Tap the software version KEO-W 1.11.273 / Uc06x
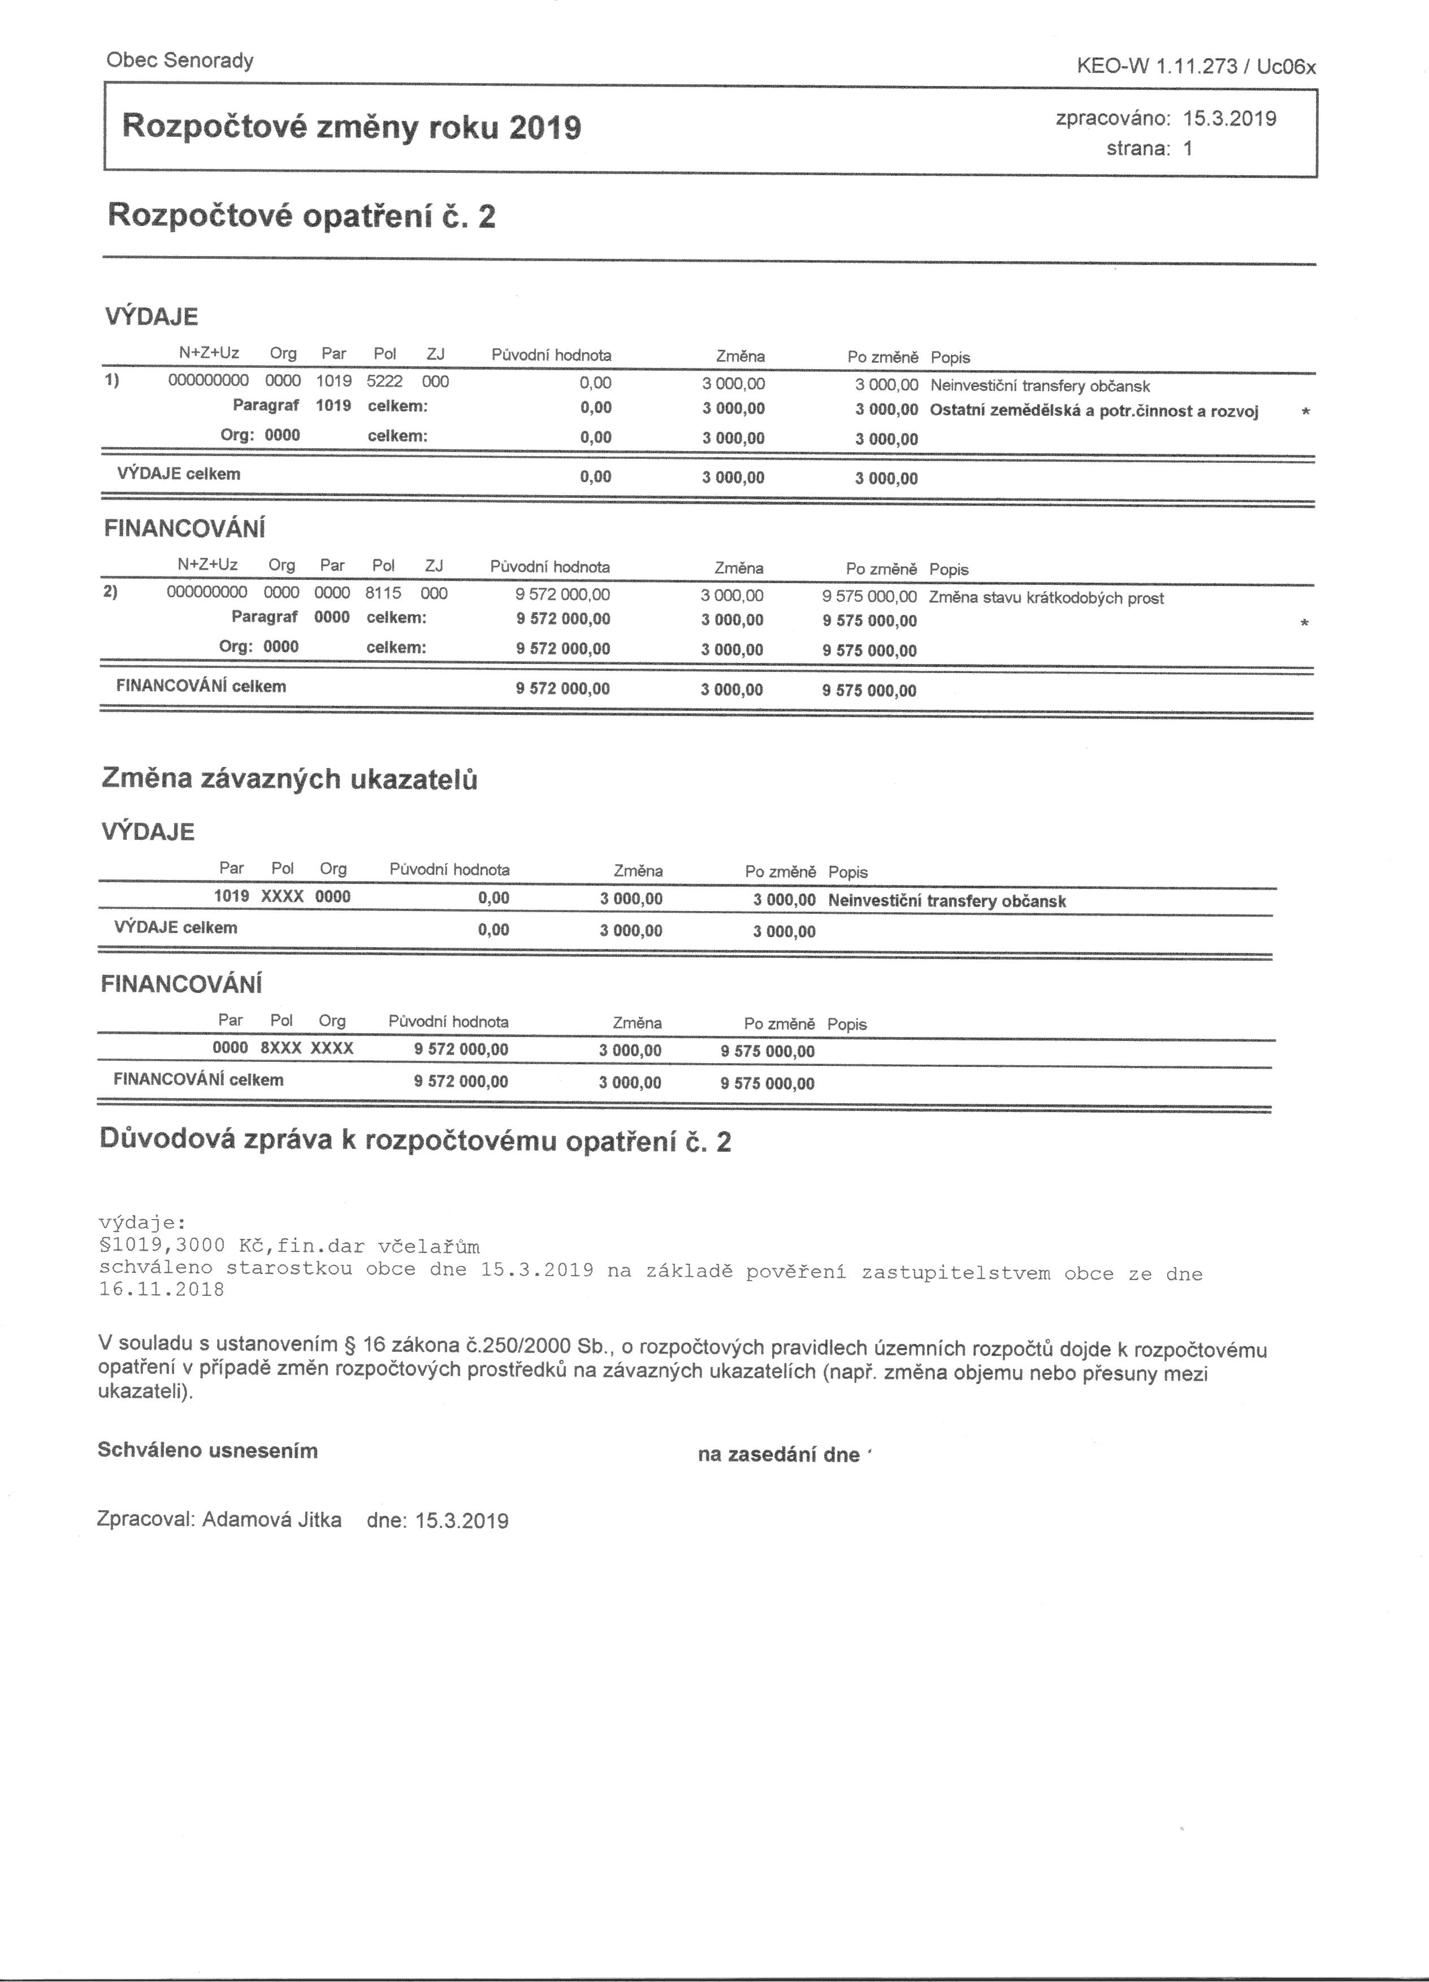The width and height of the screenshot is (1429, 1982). point(1197,67)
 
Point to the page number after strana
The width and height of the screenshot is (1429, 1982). point(1188,149)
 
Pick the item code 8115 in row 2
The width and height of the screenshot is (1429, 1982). point(383,593)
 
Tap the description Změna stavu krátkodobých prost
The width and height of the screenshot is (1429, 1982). point(1046,598)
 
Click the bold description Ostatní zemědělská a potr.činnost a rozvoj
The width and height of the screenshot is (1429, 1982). point(1094,411)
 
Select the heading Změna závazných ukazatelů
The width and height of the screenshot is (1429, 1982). point(289,779)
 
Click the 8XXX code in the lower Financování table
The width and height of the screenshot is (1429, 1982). point(282,1048)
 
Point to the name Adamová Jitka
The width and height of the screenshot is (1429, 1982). point(272,1520)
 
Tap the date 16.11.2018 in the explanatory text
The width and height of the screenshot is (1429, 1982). point(162,1290)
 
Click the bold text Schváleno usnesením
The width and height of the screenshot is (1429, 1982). point(208,1451)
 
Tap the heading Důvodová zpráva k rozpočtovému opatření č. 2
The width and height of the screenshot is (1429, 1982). point(415,1140)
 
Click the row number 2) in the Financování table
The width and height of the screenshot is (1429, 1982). point(110,592)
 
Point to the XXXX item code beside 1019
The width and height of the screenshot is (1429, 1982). point(282,896)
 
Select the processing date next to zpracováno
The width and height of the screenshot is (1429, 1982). point(1229,119)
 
